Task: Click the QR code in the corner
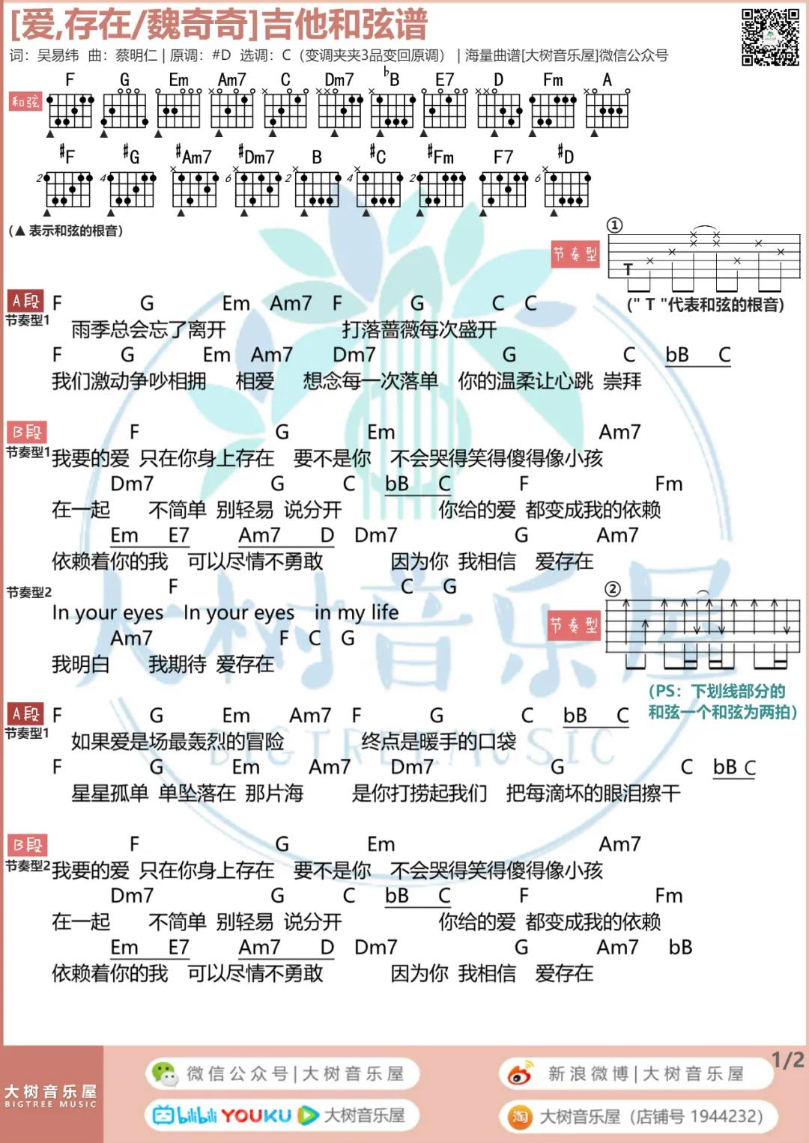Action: click(771, 37)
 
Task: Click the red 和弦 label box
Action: click(25, 102)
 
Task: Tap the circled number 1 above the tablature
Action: click(615, 225)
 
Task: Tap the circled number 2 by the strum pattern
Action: click(613, 589)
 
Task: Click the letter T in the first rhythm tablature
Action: click(628, 269)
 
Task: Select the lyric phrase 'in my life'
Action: click(357, 612)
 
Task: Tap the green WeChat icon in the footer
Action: click(165, 1073)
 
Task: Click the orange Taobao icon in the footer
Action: click(520, 1117)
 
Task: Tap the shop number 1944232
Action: click(726, 1117)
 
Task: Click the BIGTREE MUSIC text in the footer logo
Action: click(50, 1104)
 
